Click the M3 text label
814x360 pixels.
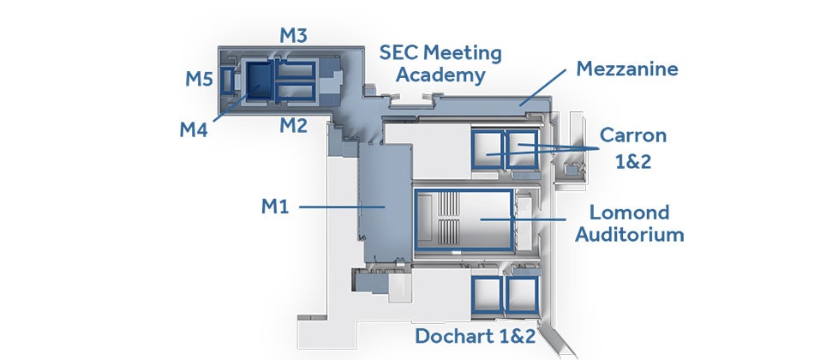[293, 35]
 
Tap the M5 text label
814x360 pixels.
[200, 79]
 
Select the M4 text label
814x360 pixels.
[194, 130]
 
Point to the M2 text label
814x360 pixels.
[293, 125]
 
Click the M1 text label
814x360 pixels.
[275, 207]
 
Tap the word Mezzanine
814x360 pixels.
[627, 69]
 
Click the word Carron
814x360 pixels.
[633, 135]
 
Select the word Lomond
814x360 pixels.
[629, 212]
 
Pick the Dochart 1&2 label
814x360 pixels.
[475, 336]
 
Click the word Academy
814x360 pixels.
[440, 75]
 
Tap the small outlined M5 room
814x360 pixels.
[227, 81]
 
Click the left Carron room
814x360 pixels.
[488, 150]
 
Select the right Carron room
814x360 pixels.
[522, 150]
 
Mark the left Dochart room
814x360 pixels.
[487, 295]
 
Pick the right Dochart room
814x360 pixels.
[523, 295]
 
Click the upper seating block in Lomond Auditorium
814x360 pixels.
[449, 204]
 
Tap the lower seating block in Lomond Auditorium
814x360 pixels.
[449, 231]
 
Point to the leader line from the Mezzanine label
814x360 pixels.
[542, 87]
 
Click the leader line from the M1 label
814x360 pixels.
[342, 207]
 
